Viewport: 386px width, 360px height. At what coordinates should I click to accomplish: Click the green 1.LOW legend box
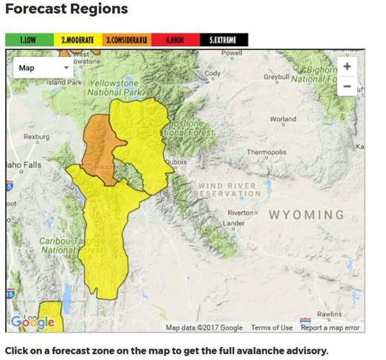click(30, 40)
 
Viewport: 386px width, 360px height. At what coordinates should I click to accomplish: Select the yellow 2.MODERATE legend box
click(78, 40)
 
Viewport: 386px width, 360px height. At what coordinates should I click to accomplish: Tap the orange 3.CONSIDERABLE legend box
click(126, 40)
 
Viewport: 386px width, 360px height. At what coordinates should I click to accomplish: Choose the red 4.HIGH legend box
click(175, 40)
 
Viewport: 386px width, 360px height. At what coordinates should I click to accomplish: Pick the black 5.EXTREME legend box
click(223, 40)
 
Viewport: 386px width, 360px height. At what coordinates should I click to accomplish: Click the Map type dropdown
click(43, 68)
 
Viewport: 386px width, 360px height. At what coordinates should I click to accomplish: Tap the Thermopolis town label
click(266, 153)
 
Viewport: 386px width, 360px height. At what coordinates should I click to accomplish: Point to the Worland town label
click(282, 120)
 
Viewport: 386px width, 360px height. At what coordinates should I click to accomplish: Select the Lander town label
click(234, 224)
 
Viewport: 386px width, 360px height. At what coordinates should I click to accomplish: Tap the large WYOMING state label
click(306, 215)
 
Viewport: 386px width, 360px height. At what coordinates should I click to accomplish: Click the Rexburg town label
click(36, 136)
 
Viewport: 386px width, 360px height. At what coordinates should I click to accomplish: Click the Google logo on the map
click(32, 323)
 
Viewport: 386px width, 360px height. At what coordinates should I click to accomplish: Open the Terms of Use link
click(271, 328)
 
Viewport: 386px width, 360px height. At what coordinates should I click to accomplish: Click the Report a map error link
click(330, 328)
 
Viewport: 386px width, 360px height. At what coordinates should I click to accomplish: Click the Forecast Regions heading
click(66, 9)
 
